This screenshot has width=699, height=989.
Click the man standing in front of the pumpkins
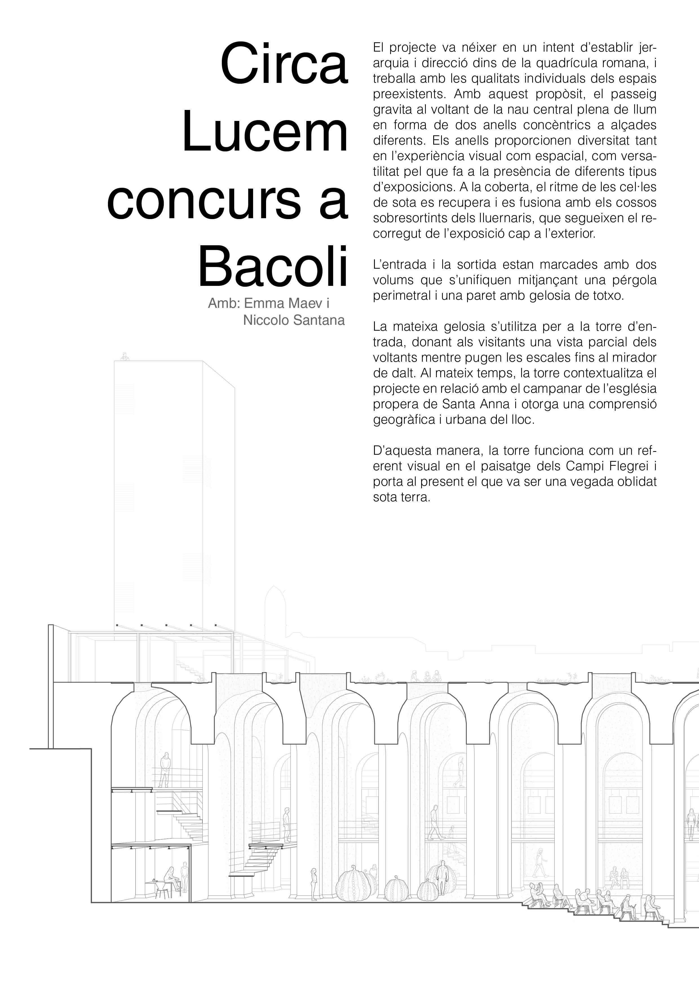tap(441, 879)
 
